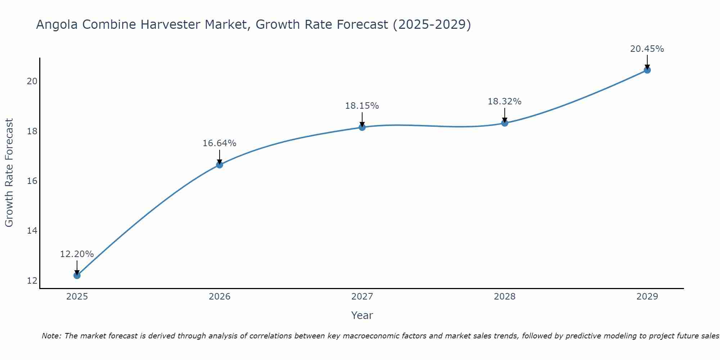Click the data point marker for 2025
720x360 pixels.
pos(77,275)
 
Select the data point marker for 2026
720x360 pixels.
pos(219,165)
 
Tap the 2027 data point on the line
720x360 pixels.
pos(362,127)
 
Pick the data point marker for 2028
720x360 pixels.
pos(504,123)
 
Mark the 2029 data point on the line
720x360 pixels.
pos(647,70)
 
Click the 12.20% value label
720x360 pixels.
pos(77,254)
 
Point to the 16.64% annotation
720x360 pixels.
pos(219,143)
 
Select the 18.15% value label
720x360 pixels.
pos(362,106)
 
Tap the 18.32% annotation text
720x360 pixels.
pos(504,102)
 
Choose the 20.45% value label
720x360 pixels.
pos(647,49)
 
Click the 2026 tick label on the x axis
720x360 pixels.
pos(220,297)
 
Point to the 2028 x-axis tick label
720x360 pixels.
pos(504,297)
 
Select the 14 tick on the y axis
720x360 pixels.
pos(32,231)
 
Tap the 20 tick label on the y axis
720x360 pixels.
pos(32,81)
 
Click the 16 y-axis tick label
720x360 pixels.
pos(32,181)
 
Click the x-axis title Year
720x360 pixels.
pos(362,315)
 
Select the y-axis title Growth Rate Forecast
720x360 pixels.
pos(9,172)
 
